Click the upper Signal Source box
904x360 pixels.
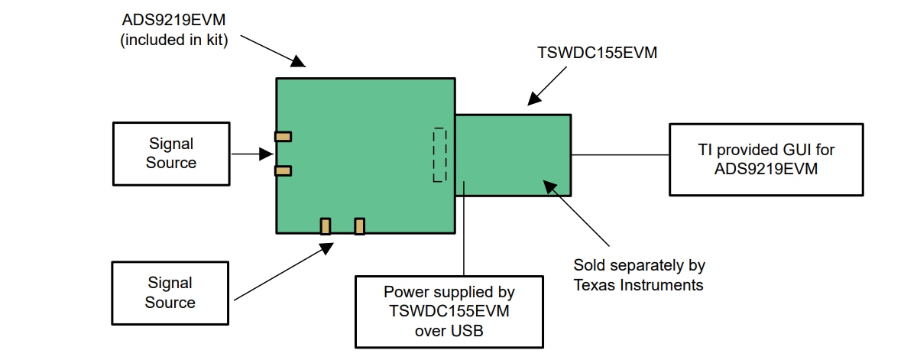coord(170,154)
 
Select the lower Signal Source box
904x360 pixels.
coord(170,293)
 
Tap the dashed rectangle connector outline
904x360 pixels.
coord(439,155)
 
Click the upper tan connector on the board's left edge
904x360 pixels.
coord(283,137)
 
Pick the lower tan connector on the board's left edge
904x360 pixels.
coord(283,170)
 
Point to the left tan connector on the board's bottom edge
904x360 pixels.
coord(326,226)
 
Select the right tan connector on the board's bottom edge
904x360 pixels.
coord(360,226)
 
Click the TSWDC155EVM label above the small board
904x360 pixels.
coord(598,54)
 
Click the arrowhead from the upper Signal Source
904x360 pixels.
coord(267,154)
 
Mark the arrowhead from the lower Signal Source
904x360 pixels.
coord(327,248)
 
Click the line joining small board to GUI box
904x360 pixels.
coord(620,154)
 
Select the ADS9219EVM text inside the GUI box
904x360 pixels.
coord(766,169)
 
